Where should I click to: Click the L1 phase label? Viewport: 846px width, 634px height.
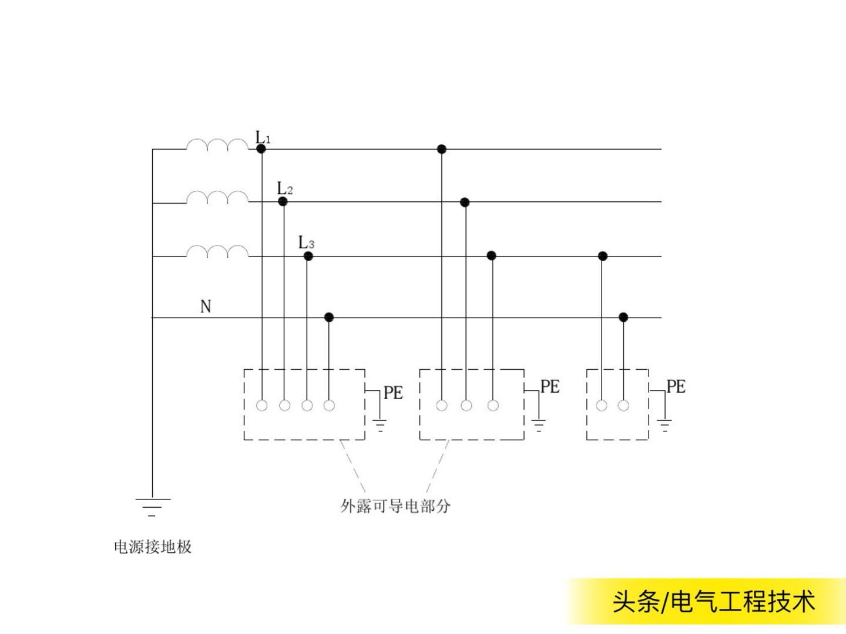click(x=263, y=138)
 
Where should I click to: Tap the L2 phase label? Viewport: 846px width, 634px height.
click(x=285, y=188)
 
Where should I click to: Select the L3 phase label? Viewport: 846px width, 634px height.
click(x=306, y=242)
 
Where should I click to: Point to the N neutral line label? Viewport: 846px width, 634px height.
click(x=206, y=306)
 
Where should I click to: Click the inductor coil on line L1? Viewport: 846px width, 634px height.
click(x=217, y=144)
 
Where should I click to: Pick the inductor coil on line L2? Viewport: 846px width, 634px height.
click(x=217, y=197)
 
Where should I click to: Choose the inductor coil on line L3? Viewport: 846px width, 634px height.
click(x=217, y=251)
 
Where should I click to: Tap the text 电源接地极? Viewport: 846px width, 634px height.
click(x=153, y=547)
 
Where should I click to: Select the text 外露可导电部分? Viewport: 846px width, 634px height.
click(x=395, y=505)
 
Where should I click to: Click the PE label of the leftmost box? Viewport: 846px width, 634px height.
click(x=393, y=393)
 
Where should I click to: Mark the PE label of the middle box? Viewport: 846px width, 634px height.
click(x=550, y=386)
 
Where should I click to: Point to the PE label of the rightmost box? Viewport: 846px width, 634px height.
click(x=676, y=386)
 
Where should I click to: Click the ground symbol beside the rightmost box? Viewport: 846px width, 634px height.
click(x=664, y=426)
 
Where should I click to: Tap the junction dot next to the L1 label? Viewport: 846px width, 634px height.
click(x=261, y=149)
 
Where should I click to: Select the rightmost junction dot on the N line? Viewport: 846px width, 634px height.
click(x=624, y=318)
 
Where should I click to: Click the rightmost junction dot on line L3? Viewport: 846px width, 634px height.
click(x=602, y=256)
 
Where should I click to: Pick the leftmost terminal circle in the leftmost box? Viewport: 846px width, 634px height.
click(x=262, y=405)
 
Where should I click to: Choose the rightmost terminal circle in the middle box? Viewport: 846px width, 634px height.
click(x=493, y=405)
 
